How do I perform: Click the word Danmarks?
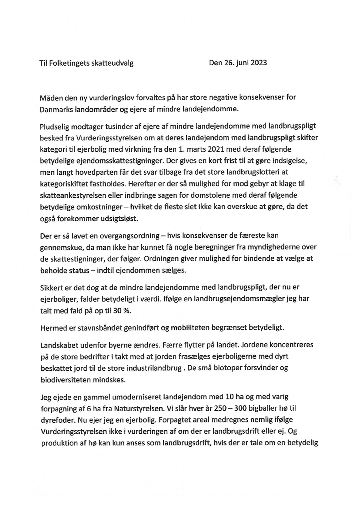coord(56,109)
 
